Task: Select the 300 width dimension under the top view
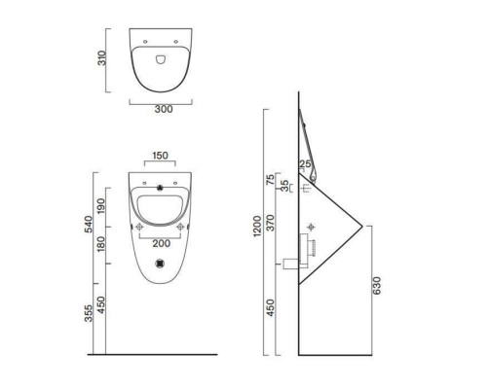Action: point(163,109)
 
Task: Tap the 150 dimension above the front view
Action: point(162,155)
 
